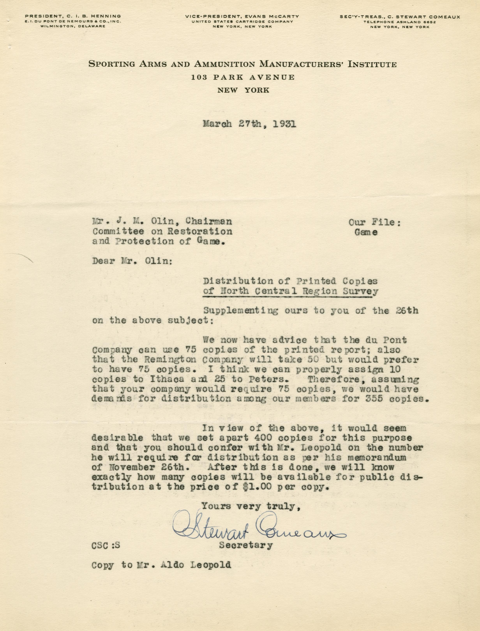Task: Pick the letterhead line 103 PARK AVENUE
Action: click(x=243, y=77)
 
